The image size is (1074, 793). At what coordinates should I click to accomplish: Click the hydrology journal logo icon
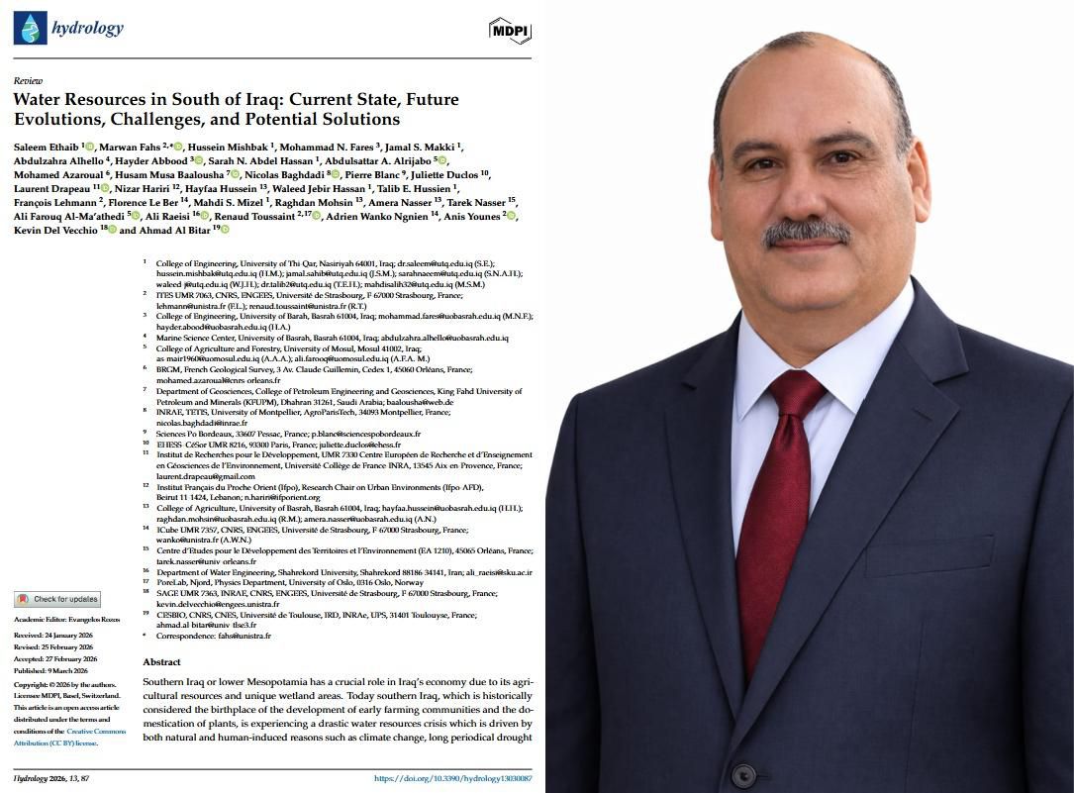29,28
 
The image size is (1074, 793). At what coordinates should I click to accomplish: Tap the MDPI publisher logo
510,31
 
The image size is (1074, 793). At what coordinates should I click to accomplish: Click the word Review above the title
28,80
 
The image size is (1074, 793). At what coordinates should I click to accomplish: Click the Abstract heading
161,661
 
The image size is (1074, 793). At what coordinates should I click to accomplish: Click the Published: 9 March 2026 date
54,669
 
